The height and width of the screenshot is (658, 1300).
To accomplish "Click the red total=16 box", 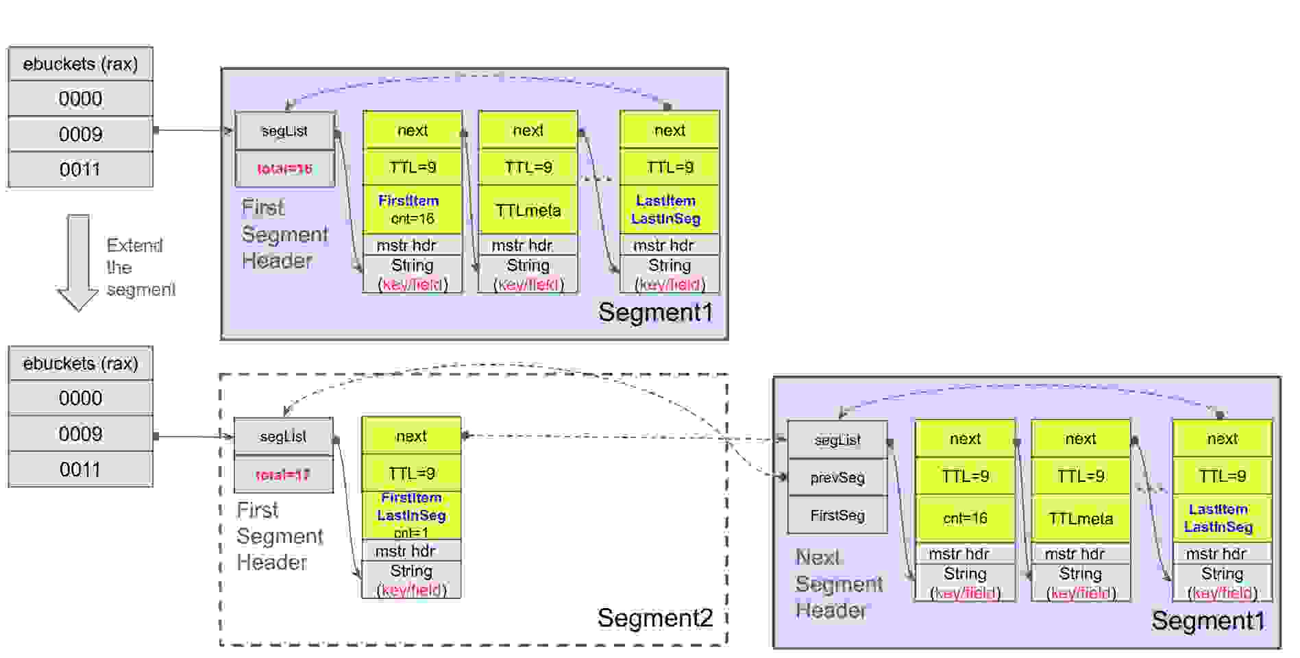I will click(x=284, y=169).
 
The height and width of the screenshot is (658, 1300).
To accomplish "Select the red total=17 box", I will click(x=283, y=474).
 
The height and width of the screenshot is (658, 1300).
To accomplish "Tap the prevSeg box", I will click(x=837, y=478).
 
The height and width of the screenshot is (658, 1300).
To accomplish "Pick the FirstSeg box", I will click(x=837, y=515).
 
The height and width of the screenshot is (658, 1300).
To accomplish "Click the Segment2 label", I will click(x=654, y=618).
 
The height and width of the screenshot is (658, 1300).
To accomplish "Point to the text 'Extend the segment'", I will click(x=140, y=267).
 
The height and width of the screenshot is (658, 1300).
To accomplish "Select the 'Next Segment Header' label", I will click(x=838, y=584).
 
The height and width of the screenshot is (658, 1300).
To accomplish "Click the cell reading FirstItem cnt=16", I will click(x=412, y=210).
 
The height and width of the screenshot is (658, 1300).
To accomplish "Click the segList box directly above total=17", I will click(x=283, y=437).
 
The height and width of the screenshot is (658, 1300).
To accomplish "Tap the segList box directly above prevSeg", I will click(x=837, y=440).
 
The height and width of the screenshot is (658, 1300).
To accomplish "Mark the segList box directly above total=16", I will click(x=284, y=131).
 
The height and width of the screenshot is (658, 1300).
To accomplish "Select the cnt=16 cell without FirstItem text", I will click(x=964, y=518).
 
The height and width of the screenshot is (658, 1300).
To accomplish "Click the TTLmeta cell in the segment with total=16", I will click(x=528, y=210).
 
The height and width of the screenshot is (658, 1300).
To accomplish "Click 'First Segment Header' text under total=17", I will click(x=279, y=536).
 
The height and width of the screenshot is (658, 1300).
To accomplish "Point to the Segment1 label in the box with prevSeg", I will click(x=1207, y=621).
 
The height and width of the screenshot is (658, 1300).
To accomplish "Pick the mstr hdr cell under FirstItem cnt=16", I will click(x=412, y=245).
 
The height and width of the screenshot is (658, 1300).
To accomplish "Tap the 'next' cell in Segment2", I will click(x=411, y=436).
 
